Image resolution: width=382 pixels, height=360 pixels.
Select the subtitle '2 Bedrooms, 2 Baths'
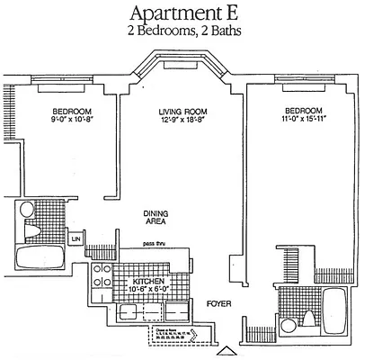[191, 31]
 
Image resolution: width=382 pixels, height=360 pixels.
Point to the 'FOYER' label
[218, 304]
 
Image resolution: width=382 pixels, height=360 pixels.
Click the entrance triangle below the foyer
[230, 352]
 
